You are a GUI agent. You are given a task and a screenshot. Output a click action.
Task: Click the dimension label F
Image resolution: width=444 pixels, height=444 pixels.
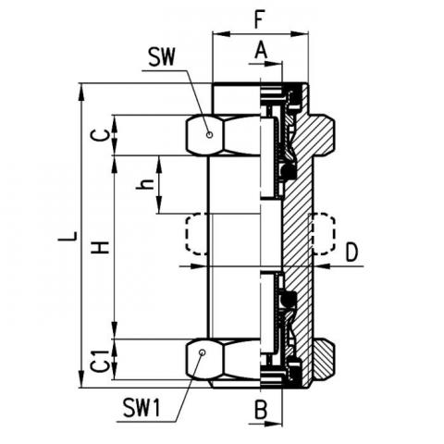tap(260, 20)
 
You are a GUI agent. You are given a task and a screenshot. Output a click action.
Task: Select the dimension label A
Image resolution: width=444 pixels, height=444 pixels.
tap(261, 50)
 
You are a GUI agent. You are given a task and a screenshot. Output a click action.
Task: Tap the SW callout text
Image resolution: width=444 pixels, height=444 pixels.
tap(161, 57)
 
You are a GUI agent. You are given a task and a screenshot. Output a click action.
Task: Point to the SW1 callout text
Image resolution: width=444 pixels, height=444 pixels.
tap(142, 407)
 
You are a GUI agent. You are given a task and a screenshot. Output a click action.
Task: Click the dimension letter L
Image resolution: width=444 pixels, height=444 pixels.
tap(68, 236)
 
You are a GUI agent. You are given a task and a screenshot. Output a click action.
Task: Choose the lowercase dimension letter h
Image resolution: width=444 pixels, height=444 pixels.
tap(145, 184)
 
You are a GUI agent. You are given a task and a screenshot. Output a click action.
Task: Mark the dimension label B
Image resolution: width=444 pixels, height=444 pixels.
tap(261, 410)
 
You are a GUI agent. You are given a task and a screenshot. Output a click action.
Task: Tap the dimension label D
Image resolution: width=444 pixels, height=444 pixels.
tap(351, 252)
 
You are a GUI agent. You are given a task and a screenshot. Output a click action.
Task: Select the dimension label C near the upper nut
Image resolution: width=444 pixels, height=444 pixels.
tap(104, 135)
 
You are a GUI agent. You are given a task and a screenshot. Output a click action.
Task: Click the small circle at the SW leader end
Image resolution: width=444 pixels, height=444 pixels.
tap(210, 135)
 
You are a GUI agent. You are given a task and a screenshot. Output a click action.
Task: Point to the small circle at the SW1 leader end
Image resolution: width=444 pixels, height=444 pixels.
tap(202, 352)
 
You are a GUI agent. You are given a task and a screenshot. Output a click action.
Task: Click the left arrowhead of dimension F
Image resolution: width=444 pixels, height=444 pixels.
tap(221, 33)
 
